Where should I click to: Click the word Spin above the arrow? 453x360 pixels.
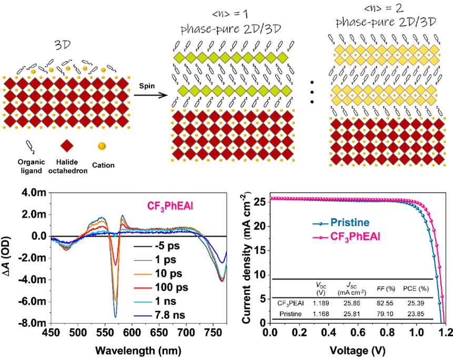(145, 84)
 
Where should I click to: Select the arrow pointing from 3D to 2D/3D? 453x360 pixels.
(148, 95)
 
